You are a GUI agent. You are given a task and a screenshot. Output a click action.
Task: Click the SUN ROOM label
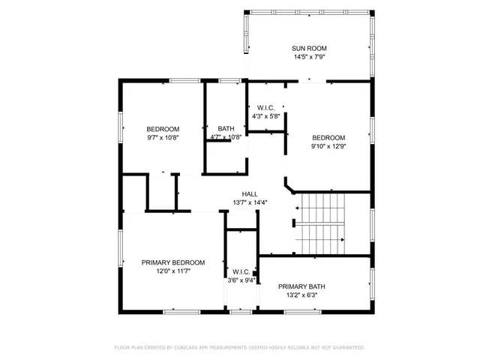(310, 49)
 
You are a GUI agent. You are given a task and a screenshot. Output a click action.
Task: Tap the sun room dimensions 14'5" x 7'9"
(310, 58)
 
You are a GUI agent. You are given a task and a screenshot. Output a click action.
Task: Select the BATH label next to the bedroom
(226, 128)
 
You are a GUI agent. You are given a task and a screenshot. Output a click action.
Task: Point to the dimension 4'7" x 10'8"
(225, 138)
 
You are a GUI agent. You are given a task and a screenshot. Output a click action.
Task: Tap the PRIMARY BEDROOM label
(173, 262)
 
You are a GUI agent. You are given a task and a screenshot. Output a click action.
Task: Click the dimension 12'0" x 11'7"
(173, 271)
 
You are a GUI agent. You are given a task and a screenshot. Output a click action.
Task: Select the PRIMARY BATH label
(301, 286)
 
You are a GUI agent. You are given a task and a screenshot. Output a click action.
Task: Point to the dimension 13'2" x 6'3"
(301, 295)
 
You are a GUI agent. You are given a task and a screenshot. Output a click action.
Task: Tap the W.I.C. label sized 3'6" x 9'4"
(241, 272)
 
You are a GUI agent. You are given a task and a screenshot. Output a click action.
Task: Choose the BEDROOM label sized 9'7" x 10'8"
(163, 128)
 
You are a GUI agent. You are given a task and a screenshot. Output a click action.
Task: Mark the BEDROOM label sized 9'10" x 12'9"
(328, 138)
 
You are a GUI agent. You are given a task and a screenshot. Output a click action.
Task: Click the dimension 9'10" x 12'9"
(328, 147)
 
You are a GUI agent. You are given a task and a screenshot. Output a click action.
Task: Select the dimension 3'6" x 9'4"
(241, 281)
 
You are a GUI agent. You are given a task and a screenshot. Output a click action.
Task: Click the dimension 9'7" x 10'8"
(163, 138)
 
